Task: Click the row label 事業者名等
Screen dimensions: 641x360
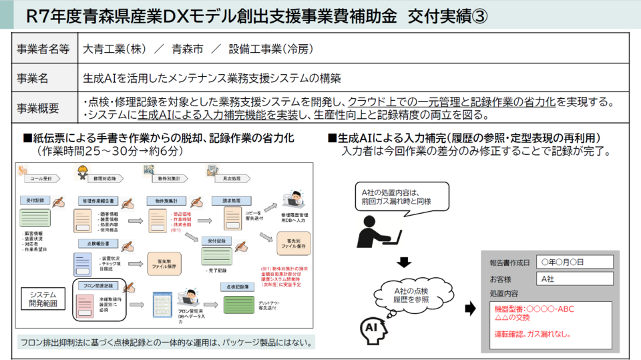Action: click(x=43, y=49)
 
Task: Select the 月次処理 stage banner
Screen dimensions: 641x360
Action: click(x=233, y=179)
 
